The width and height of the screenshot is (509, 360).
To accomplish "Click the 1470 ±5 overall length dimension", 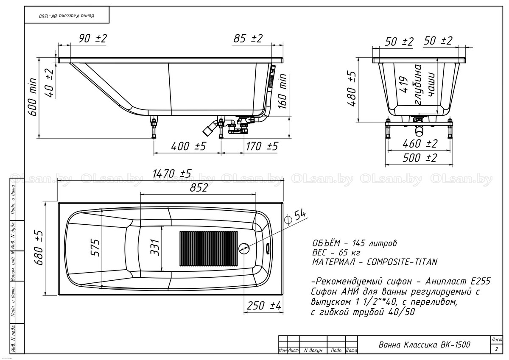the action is (172, 173).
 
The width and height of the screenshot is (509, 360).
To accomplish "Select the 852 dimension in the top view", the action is (199, 187).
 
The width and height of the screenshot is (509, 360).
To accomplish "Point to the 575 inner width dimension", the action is (95, 248).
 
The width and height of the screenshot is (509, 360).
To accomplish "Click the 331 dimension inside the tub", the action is (155, 247).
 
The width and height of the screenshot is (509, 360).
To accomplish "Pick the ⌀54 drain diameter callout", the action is (295, 218).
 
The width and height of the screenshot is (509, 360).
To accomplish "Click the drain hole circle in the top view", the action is (244, 248).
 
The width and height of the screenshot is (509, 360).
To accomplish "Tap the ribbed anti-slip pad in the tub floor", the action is (209, 248).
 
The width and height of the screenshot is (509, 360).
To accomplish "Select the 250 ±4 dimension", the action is (264, 305).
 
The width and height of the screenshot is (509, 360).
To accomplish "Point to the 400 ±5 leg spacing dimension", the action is (188, 146).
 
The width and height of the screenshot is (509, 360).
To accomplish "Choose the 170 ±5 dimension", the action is (262, 146).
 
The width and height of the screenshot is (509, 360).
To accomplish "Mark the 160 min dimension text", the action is (282, 91).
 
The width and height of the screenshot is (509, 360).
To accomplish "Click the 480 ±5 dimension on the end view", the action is (351, 89).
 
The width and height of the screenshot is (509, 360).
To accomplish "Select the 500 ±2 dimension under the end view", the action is (420, 158).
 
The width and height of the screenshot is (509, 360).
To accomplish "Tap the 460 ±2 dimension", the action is (420, 144).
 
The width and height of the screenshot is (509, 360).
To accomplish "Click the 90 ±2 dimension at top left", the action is (93, 39).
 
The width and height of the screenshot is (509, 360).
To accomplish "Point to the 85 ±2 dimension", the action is (248, 39).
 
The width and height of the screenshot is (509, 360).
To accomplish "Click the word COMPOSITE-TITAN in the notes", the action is (402, 262).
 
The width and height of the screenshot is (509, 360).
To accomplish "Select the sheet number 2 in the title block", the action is (497, 349).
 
